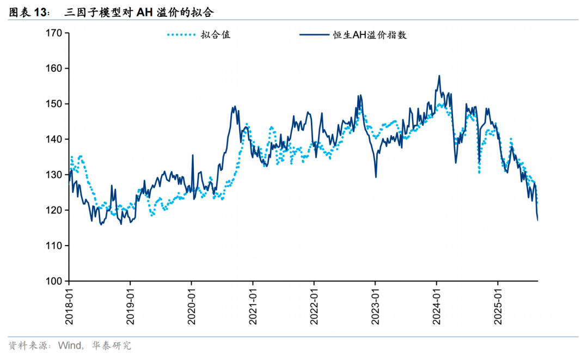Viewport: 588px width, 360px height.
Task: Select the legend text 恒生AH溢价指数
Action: coord(370,35)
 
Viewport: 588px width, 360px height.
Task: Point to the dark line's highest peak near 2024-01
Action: coord(439,76)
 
